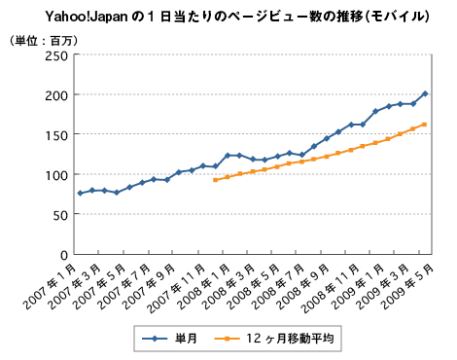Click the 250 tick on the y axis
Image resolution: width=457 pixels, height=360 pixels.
(54, 55)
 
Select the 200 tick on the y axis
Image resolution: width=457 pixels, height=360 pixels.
(54, 95)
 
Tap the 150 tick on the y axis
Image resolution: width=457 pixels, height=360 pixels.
(54, 135)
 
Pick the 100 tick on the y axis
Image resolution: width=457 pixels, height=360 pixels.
(54, 175)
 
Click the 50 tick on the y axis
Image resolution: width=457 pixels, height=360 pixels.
(58, 215)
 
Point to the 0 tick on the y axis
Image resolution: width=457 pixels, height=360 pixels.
(62, 255)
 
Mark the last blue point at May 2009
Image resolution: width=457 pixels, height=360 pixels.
(425, 93)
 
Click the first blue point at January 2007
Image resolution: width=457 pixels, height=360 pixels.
(80, 193)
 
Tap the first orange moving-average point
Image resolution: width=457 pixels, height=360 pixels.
(215, 180)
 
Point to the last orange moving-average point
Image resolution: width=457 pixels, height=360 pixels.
(425, 125)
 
